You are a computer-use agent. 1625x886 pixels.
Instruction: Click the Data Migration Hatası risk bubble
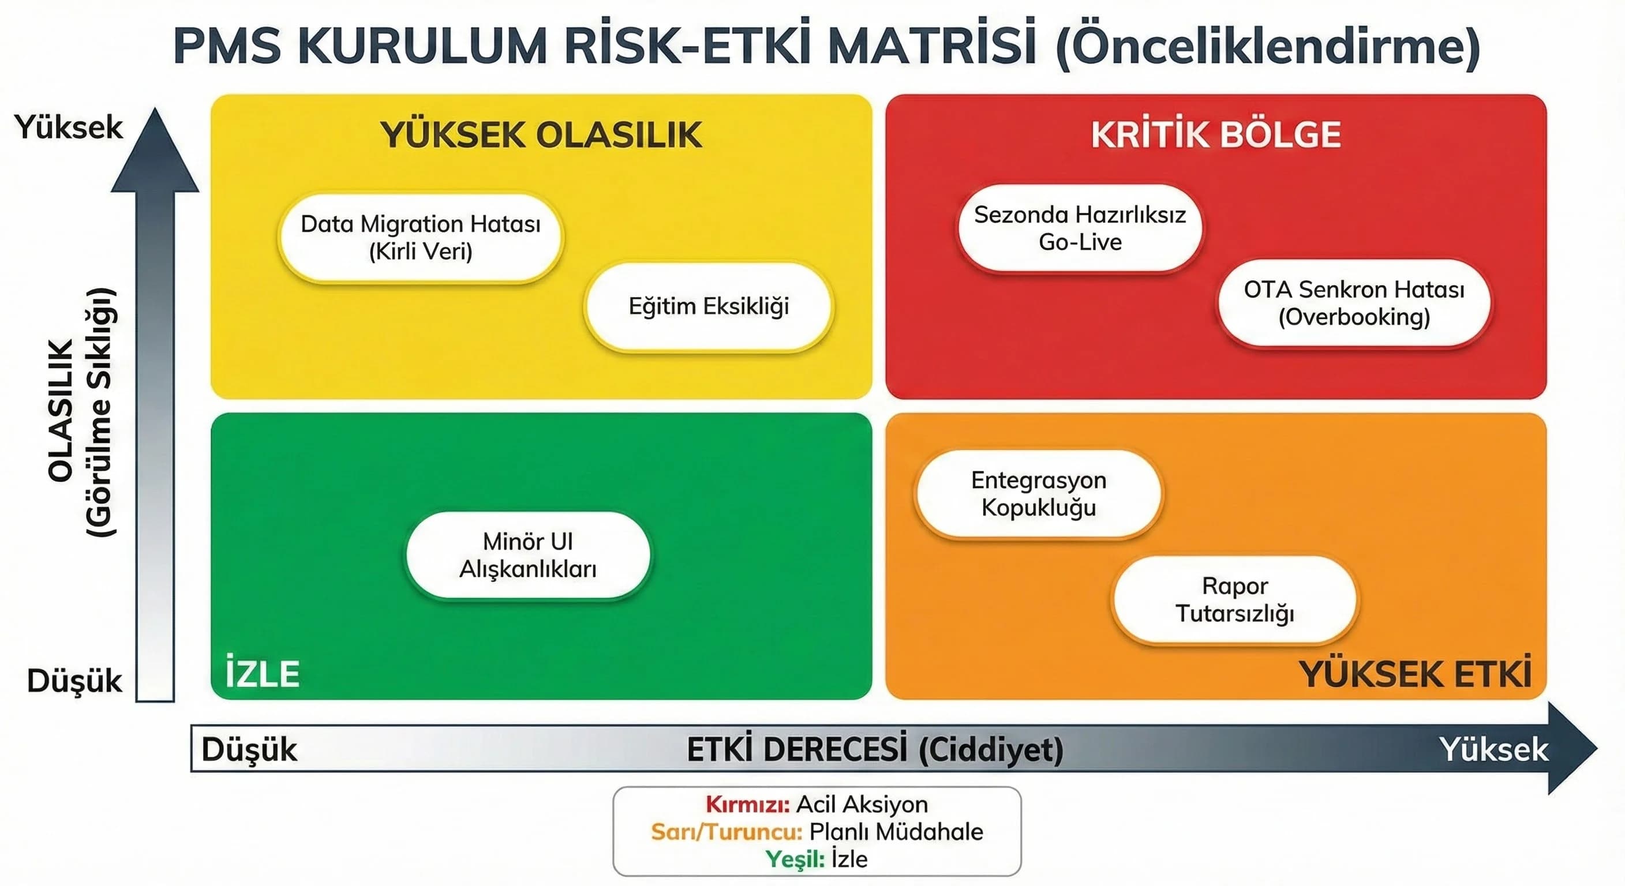tap(421, 238)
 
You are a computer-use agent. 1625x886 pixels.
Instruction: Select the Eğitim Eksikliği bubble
tap(709, 306)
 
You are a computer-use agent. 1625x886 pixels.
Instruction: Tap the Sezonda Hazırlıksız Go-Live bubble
tap(1080, 228)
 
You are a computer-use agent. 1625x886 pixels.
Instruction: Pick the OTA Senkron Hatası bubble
tap(1354, 303)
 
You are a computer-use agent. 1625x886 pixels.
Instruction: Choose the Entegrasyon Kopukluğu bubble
tap(1038, 494)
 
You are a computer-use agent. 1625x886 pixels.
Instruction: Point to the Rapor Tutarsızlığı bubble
tap(1234, 600)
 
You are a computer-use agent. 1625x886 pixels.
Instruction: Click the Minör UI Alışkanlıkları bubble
tap(528, 555)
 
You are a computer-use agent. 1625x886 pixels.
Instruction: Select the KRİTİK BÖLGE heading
tap(1216, 135)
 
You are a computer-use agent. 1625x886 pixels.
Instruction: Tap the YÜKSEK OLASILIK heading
tap(541, 135)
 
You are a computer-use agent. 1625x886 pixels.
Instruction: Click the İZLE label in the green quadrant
tap(263, 674)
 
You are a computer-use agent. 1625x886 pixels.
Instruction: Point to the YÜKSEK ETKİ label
tap(1415, 675)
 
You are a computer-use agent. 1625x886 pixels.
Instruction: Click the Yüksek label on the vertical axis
tap(69, 127)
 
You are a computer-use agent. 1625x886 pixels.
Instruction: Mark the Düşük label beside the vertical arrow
tap(74, 681)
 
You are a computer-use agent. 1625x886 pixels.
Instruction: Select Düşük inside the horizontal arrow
tap(249, 750)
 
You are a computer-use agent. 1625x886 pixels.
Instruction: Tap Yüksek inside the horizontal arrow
tap(1493, 750)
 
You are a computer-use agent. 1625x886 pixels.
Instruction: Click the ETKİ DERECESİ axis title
tap(875, 750)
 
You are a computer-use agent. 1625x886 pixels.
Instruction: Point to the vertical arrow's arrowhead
tap(155, 151)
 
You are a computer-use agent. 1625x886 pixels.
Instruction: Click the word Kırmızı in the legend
tap(747, 805)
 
